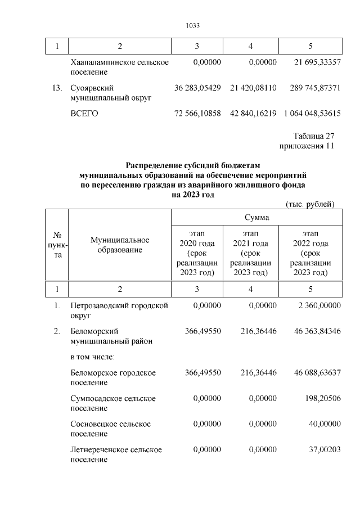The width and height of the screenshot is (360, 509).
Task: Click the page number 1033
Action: pyautogui.click(x=193, y=26)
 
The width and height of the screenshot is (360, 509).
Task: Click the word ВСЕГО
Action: pyautogui.click(x=84, y=114)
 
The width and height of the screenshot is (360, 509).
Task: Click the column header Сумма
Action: pyautogui.click(x=256, y=217)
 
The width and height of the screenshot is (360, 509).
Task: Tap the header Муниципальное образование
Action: pyautogui.click(x=119, y=245)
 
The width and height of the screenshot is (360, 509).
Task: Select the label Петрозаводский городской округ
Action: pyautogui.click(x=119, y=310)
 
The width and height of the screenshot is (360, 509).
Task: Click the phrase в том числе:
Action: pyautogui.click(x=92, y=357)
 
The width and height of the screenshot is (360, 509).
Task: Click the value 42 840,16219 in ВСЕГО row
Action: pyautogui.click(x=253, y=114)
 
